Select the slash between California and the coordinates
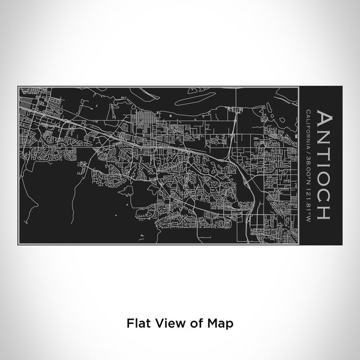coord(307,148)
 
